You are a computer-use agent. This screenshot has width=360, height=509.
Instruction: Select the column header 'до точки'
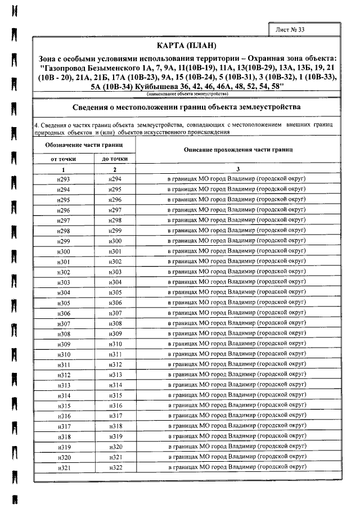[115, 159]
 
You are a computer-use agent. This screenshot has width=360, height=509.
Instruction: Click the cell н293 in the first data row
[63, 179]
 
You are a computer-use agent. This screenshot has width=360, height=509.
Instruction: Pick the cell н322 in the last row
[115, 469]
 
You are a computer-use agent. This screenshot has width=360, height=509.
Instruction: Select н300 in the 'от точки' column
[63, 251]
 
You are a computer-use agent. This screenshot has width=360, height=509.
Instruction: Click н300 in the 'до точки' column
[115, 241]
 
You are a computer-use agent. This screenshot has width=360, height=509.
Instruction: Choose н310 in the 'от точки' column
[63, 355]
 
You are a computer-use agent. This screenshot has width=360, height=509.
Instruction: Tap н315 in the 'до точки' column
[115, 396]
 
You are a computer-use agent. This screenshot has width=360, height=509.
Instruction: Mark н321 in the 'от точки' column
[63, 469]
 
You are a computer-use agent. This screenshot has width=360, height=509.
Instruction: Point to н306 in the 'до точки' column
[115, 303]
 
